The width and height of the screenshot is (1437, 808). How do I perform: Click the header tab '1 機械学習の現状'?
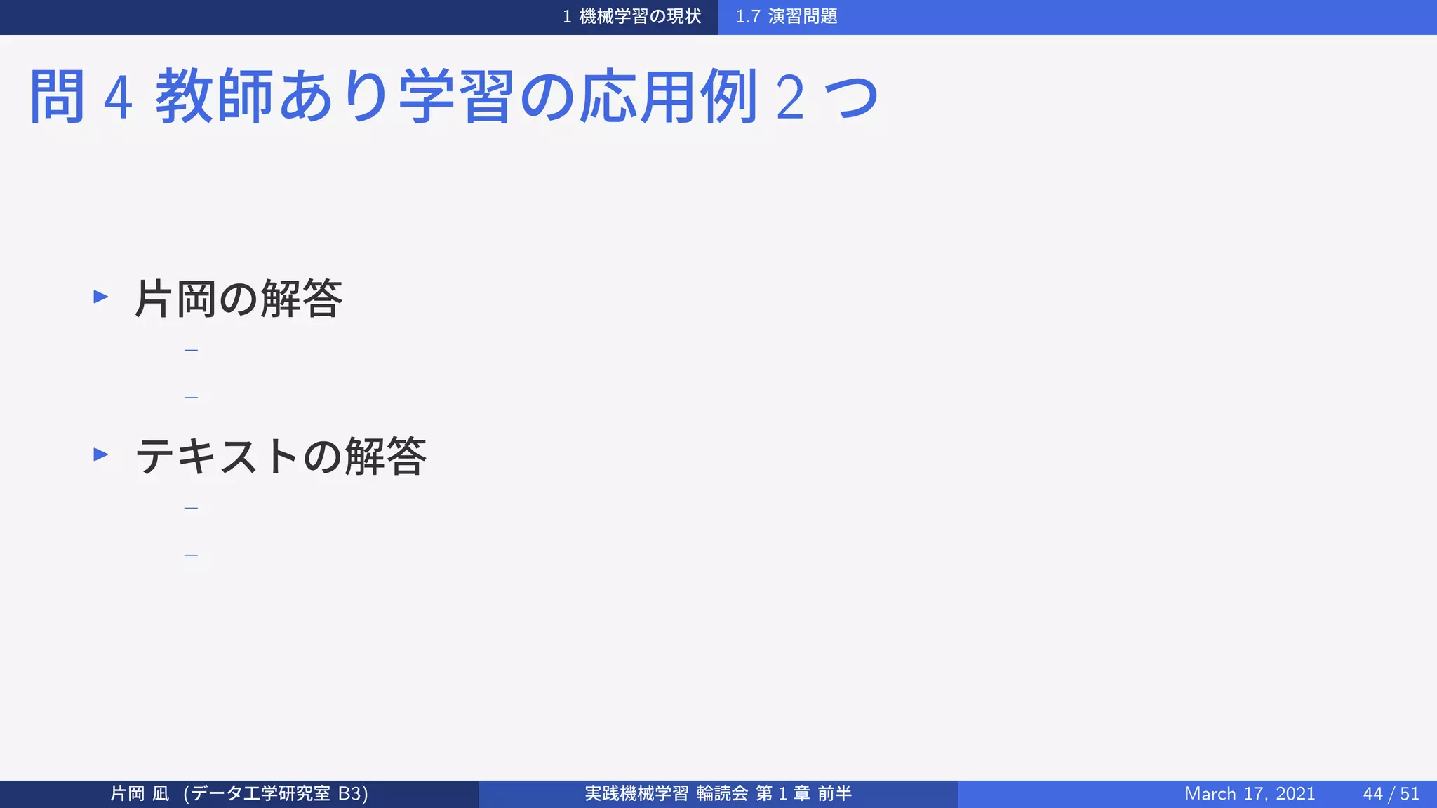click(631, 16)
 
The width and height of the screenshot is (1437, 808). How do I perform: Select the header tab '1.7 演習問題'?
click(786, 16)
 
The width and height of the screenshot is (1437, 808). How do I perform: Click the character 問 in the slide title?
click(57, 97)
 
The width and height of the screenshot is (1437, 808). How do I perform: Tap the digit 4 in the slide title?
click(118, 98)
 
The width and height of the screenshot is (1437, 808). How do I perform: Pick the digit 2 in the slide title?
click(790, 98)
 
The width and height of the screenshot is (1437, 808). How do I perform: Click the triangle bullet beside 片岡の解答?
click(101, 297)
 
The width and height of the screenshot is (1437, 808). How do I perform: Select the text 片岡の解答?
click(239, 299)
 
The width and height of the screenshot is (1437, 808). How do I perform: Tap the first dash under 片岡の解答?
click(191, 350)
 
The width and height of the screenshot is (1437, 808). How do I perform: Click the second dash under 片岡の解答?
click(191, 398)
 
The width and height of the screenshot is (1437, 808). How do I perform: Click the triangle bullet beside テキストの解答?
click(101, 454)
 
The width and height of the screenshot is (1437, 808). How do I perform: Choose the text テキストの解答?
click(281, 457)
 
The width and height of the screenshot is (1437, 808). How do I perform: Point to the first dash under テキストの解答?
click(191, 508)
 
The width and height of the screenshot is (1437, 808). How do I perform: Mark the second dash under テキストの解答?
click(191, 555)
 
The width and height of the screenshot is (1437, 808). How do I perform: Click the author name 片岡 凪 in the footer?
click(140, 793)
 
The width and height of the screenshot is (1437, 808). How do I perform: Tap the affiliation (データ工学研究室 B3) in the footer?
click(276, 793)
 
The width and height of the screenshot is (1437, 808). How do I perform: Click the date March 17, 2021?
click(1250, 793)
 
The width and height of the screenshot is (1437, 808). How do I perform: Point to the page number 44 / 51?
click(1391, 793)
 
